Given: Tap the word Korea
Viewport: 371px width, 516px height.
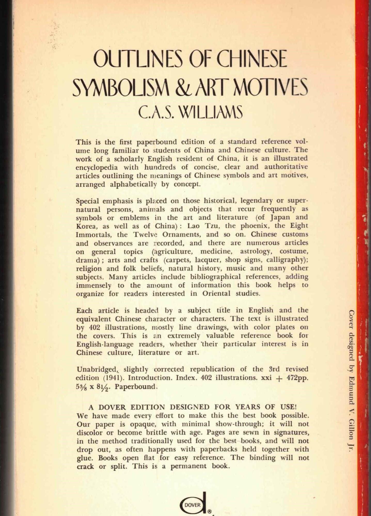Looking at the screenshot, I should coord(85,226).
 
